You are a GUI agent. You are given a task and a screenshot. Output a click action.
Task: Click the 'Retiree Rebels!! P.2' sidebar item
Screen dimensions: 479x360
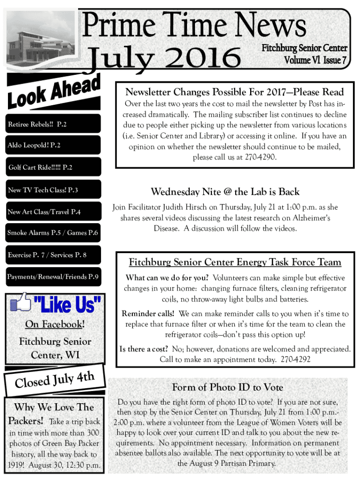pos(37,125)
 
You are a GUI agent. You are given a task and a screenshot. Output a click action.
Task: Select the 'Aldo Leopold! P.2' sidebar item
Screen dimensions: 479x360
pos(34,145)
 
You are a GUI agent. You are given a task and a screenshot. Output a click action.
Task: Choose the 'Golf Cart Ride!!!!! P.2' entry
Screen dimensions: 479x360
pos(40,167)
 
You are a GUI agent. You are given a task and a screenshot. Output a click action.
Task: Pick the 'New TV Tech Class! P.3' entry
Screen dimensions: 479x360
pos(43,190)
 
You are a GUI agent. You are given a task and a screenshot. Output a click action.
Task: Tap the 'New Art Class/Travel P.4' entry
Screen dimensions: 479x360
pos(44,212)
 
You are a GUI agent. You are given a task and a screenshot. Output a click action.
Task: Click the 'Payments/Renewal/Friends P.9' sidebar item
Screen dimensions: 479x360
pos(53,277)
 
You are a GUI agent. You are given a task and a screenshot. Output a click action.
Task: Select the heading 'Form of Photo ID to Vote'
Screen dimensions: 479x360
pos(228,387)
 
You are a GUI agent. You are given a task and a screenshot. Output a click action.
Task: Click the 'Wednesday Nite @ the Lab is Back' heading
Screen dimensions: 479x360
pos(225,192)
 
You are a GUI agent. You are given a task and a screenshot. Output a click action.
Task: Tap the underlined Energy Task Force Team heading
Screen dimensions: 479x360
pos(235,262)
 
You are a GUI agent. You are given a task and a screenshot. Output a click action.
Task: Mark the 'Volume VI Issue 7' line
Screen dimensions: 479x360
pos(316,60)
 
